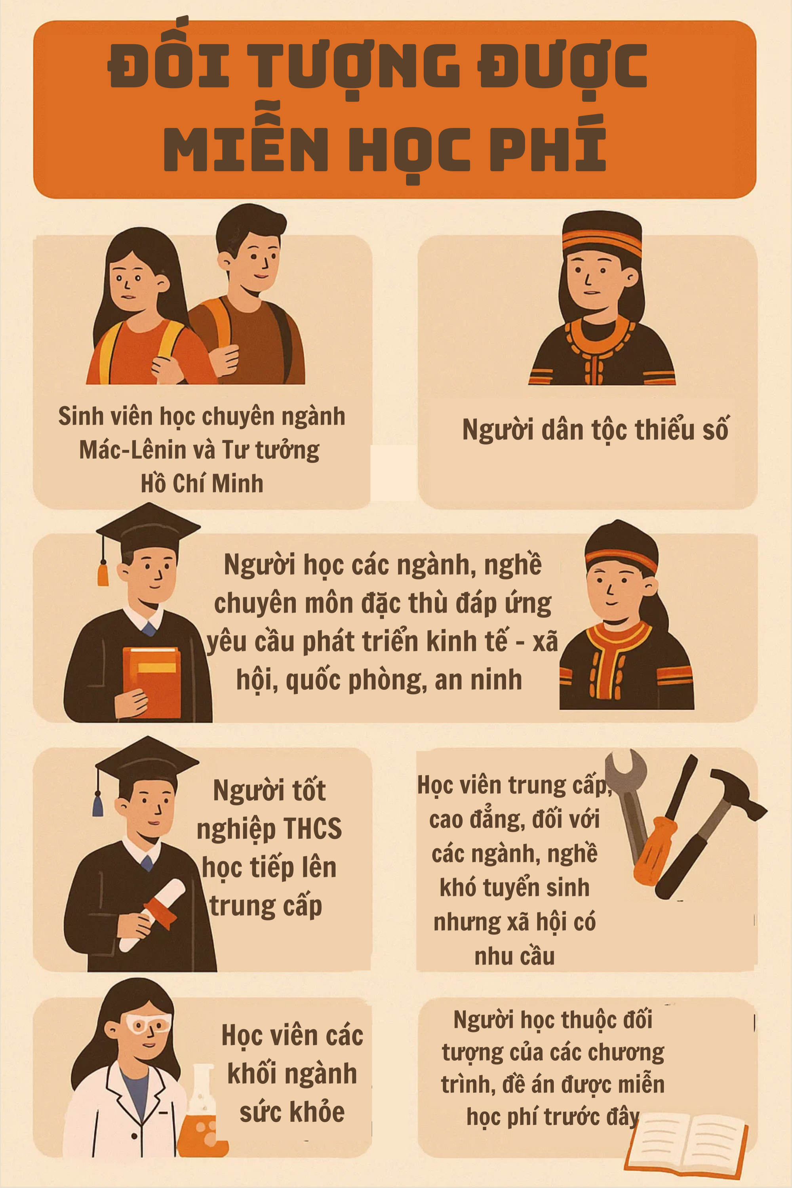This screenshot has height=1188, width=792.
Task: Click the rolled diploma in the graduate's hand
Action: (x=152, y=914)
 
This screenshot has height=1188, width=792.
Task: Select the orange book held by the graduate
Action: (x=152, y=682)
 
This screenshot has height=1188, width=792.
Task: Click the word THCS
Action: (x=313, y=829)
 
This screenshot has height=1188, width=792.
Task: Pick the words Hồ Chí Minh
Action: (x=202, y=484)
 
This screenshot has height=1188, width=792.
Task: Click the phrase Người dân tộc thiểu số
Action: (x=596, y=429)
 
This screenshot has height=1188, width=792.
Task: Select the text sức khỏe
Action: (x=292, y=1112)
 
